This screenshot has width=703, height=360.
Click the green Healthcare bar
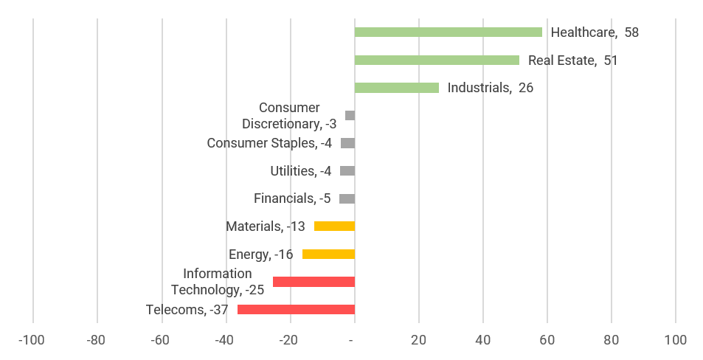[448, 32]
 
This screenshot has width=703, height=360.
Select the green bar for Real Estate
[437, 60]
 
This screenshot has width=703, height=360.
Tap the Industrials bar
[396, 88]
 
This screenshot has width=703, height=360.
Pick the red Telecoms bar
[296, 310]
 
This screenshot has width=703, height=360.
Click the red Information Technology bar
[314, 282]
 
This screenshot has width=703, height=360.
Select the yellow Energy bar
[328, 255]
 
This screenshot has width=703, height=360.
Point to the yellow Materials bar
[334, 226]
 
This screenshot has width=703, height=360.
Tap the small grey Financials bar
[347, 198]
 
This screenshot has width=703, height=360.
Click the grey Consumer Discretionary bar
[350, 116]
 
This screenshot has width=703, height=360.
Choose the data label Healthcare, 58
[594, 32]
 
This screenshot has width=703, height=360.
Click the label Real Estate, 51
[572, 60]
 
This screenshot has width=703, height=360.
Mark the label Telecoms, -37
[187, 310]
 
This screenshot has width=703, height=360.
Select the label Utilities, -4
[300, 171]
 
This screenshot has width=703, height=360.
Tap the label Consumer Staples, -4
[269, 143]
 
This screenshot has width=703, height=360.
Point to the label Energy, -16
[260, 255]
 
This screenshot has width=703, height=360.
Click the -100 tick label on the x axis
[32, 340]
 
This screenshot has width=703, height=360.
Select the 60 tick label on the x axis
[547, 340]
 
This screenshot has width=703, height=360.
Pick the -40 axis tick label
[225, 340]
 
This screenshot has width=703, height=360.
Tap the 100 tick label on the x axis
[675, 340]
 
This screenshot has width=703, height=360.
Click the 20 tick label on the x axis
[418, 340]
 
